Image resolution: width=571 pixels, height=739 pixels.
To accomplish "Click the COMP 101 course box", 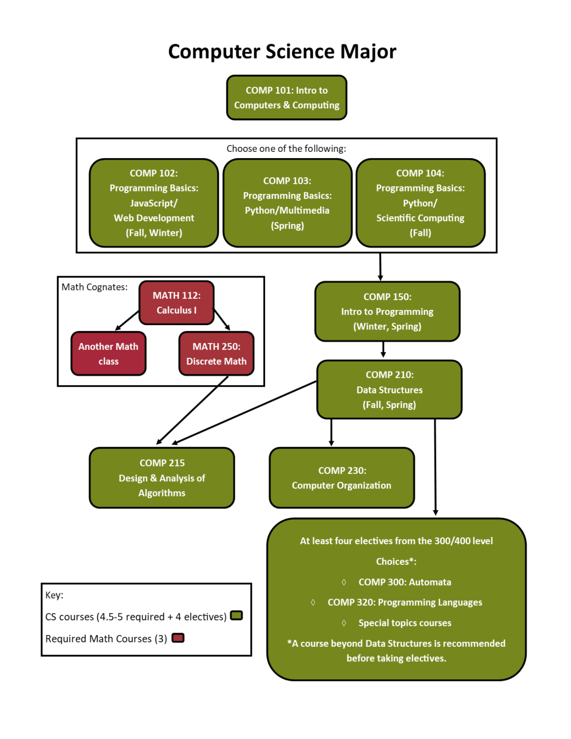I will pyautogui.click(x=286, y=98).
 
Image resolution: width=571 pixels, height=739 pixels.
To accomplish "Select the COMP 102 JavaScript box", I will pyautogui.click(x=154, y=203).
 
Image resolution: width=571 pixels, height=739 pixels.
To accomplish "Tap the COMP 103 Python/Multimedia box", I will pyautogui.click(x=287, y=203).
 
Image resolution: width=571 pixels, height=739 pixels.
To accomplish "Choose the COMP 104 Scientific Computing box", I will pyautogui.click(x=420, y=203).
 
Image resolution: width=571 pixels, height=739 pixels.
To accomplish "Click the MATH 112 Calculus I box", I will pyautogui.click(x=176, y=303).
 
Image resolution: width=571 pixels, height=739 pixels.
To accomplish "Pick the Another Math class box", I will pyautogui.click(x=108, y=354).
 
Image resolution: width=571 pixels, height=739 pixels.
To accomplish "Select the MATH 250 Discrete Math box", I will pyautogui.click(x=216, y=354).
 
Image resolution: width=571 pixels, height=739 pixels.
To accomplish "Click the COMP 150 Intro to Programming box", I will pyautogui.click(x=387, y=311).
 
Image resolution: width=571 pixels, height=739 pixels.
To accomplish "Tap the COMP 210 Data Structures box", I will pyautogui.click(x=389, y=390).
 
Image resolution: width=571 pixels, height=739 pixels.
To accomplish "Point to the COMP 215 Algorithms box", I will pyautogui.click(x=162, y=478).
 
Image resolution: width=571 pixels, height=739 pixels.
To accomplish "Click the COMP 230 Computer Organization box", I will pyautogui.click(x=342, y=478).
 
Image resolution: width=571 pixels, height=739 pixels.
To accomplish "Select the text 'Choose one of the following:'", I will pyautogui.click(x=286, y=148).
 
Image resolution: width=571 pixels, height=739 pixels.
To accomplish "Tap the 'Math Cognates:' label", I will pyautogui.click(x=94, y=287).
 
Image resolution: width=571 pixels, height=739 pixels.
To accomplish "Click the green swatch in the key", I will pyautogui.click(x=236, y=616).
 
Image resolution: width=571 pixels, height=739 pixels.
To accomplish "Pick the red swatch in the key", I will pyautogui.click(x=178, y=638).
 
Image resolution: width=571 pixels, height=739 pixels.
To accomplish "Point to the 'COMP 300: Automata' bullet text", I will pyautogui.click(x=405, y=582).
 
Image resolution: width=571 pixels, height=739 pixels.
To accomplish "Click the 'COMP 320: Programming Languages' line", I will pyautogui.click(x=405, y=602).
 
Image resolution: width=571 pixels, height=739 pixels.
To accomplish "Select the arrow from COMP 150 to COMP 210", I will pyautogui.click(x=383, y=349).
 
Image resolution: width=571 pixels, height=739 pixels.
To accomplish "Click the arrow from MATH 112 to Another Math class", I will pyautogui.click(x=127, y=320).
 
